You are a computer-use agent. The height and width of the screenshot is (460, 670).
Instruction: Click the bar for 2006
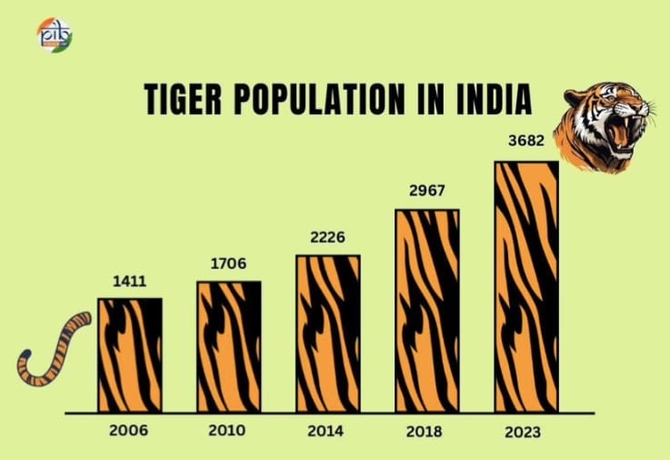pos(130,355)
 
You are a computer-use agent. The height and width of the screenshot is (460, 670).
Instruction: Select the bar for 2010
pos(229,346)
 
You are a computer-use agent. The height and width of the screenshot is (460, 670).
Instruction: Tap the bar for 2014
pos(328,334)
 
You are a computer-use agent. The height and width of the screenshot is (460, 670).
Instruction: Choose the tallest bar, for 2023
pos(526,286)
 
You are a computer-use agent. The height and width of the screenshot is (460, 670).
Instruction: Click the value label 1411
pos(130,281)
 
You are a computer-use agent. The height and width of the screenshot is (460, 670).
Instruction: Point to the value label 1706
pos(228,265)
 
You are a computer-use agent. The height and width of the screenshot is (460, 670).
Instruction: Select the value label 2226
pos(327,238)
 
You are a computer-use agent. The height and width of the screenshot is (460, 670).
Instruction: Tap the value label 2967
pos(426,194)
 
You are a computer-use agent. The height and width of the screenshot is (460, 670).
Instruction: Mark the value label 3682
pos(525,145)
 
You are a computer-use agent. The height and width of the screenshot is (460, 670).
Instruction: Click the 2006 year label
pos(130,429)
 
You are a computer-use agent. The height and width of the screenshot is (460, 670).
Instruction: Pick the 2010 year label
pos(228,429)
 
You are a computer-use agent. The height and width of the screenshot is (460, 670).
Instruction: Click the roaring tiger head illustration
pos(603,125)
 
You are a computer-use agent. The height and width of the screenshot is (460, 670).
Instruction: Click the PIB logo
pos(54,35)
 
